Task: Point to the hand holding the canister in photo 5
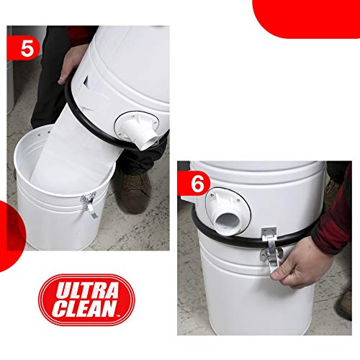pos(72,65)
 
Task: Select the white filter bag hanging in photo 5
pos(83,151)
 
